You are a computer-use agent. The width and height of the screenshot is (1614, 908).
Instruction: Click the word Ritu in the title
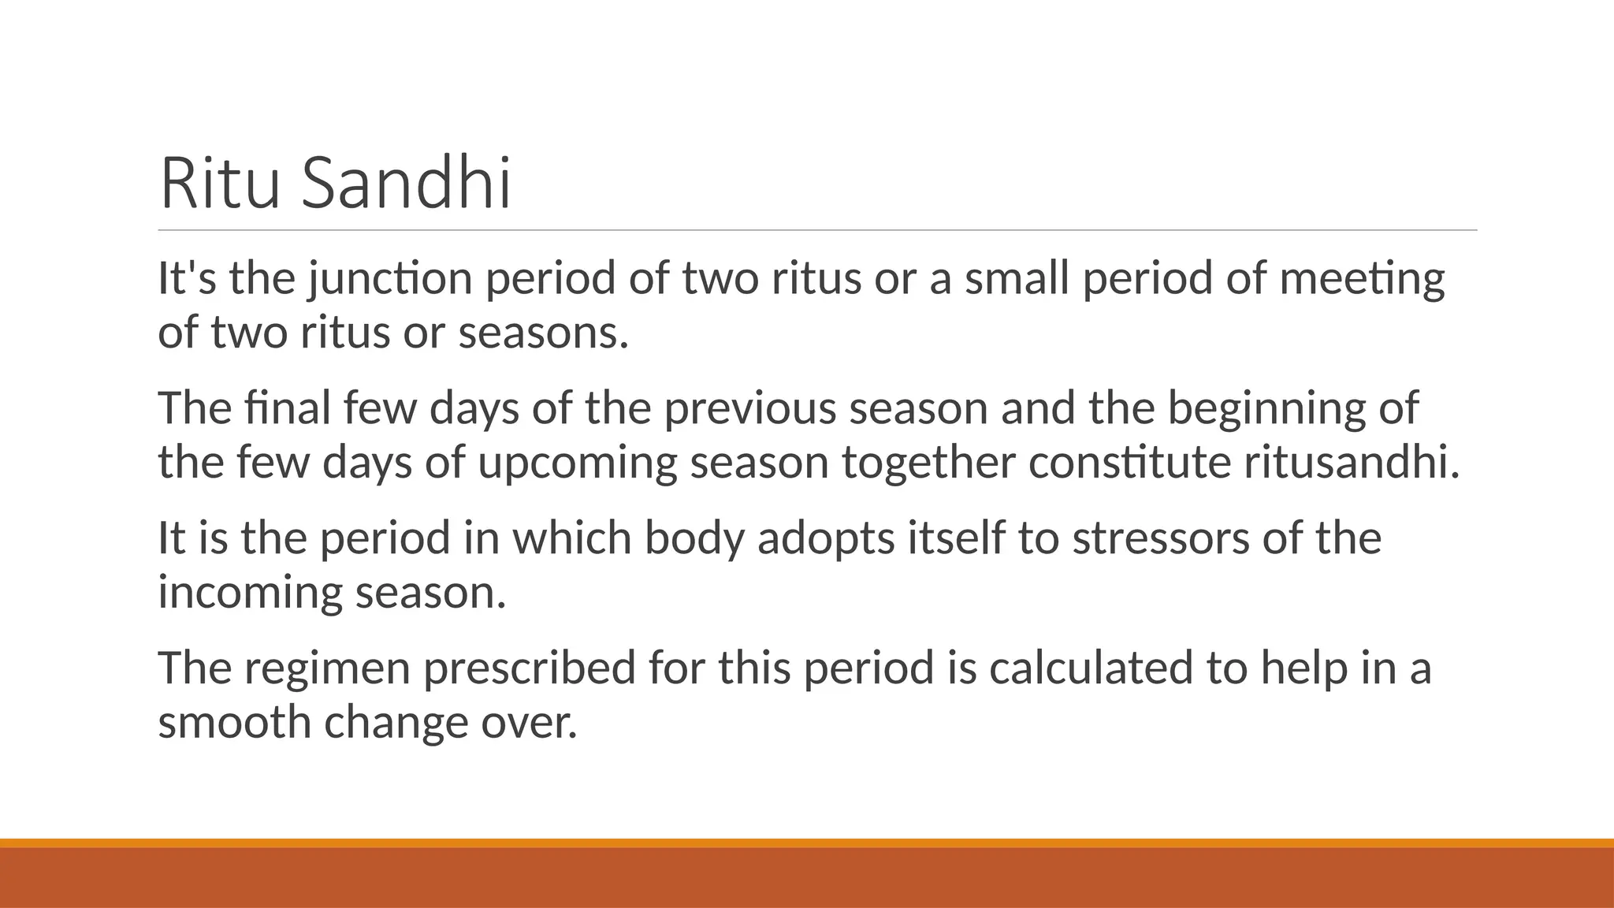[x=220, y=184]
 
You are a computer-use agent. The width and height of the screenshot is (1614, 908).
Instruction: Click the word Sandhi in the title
[x=407, y=184]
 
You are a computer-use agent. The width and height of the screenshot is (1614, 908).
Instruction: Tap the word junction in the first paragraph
[x=390, y=279]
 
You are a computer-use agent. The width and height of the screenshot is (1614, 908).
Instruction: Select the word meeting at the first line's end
[x=1362, y=279]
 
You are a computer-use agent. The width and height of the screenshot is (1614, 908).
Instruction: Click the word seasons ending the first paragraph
[x=543, y=333]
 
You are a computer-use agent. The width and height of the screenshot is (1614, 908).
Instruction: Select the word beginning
[x=1266, y=408]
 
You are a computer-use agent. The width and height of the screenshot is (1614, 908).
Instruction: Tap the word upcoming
[x=577, y=463]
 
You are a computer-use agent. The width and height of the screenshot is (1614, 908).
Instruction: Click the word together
[x=928, y=463]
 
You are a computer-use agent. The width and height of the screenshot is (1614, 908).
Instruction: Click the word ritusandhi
[x=1352, y=463]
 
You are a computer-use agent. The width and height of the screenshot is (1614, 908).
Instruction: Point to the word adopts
[x=826, y=538]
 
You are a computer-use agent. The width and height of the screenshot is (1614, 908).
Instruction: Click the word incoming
[x=250, y=593]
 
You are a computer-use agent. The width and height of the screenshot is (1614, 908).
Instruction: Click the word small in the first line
[x=1017, y=279]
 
